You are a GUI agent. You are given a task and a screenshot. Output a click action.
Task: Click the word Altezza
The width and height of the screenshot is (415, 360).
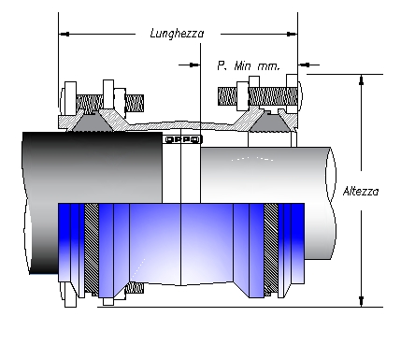360,191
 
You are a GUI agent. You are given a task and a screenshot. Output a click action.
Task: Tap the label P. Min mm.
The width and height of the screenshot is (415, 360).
247,65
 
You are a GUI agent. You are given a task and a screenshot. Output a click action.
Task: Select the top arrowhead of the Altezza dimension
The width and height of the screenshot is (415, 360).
359,79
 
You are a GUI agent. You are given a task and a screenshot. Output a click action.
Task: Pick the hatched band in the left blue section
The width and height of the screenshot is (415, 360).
92,247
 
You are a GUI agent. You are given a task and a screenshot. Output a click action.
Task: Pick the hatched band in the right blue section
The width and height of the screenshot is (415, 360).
270,247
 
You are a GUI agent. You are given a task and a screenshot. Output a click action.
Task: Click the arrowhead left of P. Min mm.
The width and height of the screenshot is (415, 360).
195,65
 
